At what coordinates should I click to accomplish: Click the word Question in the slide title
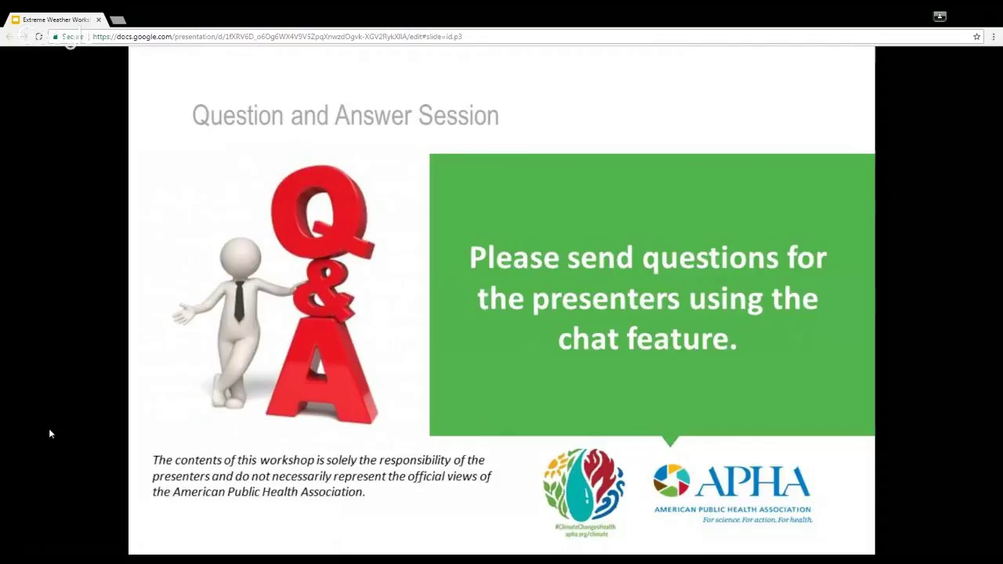pos(237,116)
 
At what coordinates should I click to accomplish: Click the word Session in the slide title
pos(458,116)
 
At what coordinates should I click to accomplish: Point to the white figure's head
pos(240,256)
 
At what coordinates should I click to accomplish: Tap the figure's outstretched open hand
pos(183,314)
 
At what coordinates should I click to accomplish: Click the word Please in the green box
pos(513,258)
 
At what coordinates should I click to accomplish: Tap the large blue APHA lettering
pos(752,482)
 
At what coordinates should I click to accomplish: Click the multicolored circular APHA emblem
pos(671,480)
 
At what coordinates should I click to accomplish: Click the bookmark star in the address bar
pos(976,37)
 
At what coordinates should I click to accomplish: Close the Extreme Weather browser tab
pos(99,20)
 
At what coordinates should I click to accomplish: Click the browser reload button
pos(38,37)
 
